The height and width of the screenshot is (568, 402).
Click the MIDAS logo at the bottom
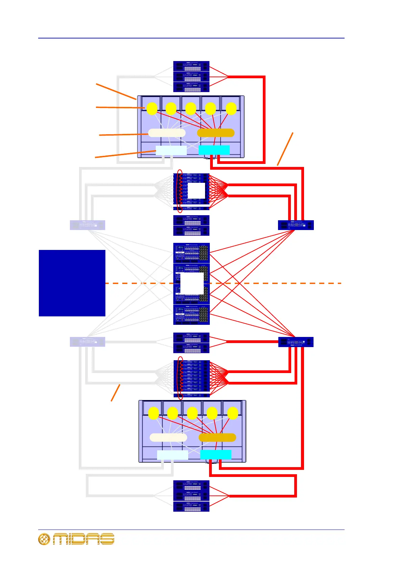coord(76,539)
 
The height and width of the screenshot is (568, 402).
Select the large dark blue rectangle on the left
coord(72,283)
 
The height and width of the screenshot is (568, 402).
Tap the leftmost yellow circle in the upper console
coord(152,109)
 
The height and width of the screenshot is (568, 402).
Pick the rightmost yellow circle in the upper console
coord(231,109)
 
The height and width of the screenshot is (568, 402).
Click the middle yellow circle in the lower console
coord(192,414)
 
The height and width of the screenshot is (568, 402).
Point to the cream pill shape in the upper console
coord(167,133)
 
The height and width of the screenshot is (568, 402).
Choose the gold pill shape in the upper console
coord(216,133)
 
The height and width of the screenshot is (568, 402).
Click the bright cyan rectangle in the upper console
coord(214,150)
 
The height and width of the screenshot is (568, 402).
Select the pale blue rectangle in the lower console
coord(172,455)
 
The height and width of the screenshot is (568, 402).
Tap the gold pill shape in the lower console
coord(217,437)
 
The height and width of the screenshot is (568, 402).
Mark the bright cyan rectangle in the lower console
coord(216,455)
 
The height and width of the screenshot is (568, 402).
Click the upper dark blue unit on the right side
coord(296,225)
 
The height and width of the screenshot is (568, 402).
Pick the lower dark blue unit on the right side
coord(296,342)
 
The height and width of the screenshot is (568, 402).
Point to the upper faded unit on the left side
coord(87,225)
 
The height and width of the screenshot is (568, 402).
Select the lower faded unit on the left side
coord(87,342)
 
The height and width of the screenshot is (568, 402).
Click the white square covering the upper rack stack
coord(196,191)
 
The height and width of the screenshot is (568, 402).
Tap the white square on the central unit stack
coord(192,284)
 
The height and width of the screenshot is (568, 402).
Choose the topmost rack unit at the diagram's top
coord(191,66)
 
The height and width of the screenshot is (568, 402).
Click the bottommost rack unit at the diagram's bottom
coord(191,506)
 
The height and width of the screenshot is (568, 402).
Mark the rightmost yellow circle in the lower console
coord(233,414)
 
